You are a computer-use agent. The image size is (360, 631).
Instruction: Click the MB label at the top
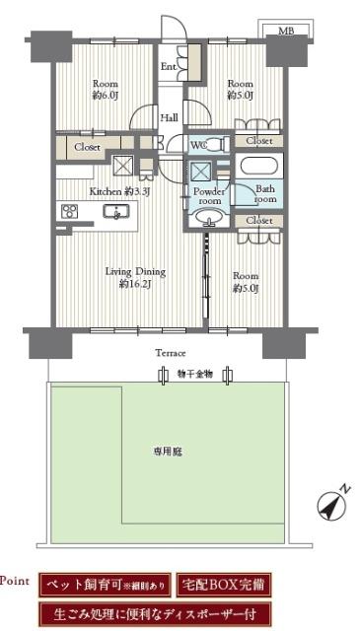point(286,31)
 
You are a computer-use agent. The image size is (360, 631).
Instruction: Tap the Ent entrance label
point(168,67)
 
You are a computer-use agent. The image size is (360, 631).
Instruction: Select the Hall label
point(169,118)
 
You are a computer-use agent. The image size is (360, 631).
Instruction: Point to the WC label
point(198,144)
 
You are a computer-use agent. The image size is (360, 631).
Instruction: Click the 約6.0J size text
point(105,96)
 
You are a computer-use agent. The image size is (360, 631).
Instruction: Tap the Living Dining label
point(135,271)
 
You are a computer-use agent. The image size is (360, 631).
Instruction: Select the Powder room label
point(208,194)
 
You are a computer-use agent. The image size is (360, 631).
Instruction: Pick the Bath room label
point(265,194)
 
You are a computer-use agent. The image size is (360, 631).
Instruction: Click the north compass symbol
point(332,503)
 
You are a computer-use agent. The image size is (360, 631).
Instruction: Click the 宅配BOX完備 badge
point(224,585)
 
